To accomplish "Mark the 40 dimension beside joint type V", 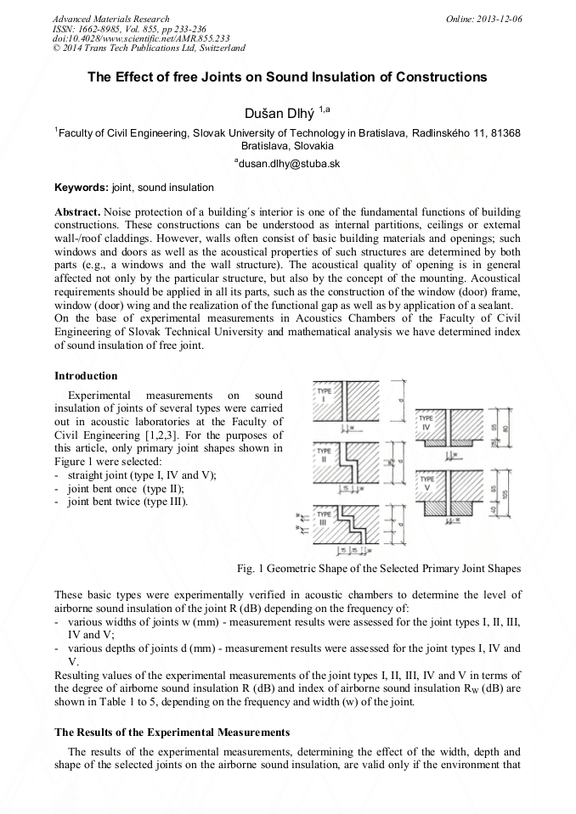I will click(x=495, y=509).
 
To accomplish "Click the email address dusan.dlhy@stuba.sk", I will click(x=287, y=164).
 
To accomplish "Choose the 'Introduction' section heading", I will click(x=86, y=376).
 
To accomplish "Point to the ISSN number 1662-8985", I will click(x=102, y=29).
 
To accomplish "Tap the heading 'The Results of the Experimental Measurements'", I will click(x=172, y=732).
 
